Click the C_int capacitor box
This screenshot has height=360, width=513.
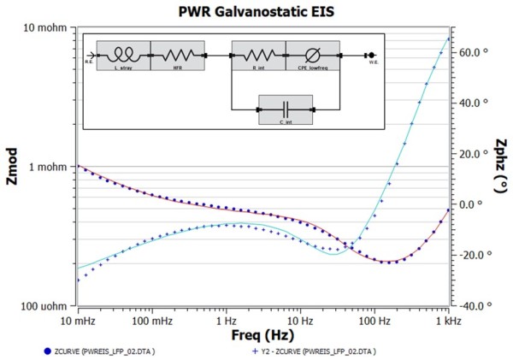tap(285, 109)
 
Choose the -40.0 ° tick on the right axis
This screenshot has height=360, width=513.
tap(473, 305)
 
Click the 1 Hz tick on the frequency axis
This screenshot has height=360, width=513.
tap(226, 319)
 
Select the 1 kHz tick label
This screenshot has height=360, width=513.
tap(446, 319)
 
